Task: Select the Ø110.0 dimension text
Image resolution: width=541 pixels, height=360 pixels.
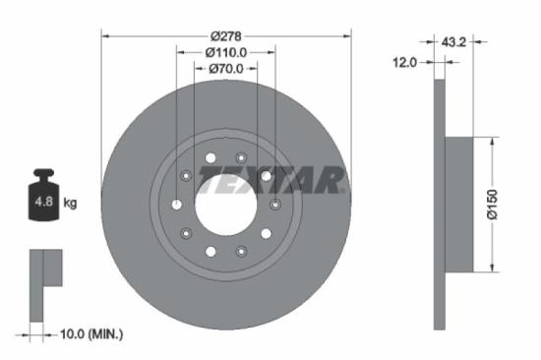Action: [x=225, y=52]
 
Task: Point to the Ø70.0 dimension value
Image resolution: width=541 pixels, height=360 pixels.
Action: [x=225, y=69]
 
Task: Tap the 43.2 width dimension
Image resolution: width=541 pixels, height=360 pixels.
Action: [x=453, y=42]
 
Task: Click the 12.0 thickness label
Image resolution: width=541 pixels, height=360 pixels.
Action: [x=405, y=62]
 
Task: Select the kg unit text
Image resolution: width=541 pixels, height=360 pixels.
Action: [x=71, y=203]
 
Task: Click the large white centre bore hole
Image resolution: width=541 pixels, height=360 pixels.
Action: [x=225, y=205]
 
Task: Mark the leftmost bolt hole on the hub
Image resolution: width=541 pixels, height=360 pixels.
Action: [x=176, y=205]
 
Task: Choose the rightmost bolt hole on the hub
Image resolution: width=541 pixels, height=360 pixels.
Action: [x=275, y=205]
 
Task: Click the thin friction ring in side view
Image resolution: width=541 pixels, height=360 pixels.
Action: [x=439, y=205]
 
